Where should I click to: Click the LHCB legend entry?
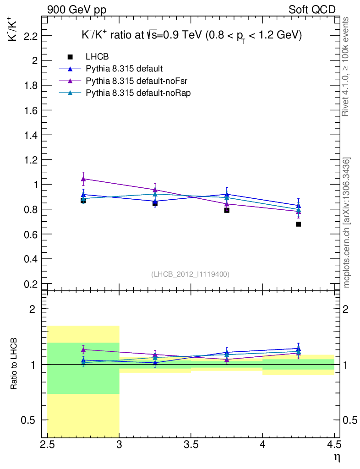pos(97,57)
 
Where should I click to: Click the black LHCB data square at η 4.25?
pos(298,224)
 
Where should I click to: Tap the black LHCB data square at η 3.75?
pos(227,210)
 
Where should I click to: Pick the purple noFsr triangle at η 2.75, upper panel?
pos(83,179)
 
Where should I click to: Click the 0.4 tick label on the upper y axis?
pos(29,259)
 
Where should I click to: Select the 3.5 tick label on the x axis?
pos(191,445)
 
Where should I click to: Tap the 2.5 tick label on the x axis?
pos(48,445)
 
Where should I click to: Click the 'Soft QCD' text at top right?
pos(312,10)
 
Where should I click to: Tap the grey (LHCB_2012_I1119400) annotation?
pos(190,274)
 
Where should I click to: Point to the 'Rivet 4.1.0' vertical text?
pos(346,66)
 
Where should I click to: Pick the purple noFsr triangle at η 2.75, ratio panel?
pos(83,350)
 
